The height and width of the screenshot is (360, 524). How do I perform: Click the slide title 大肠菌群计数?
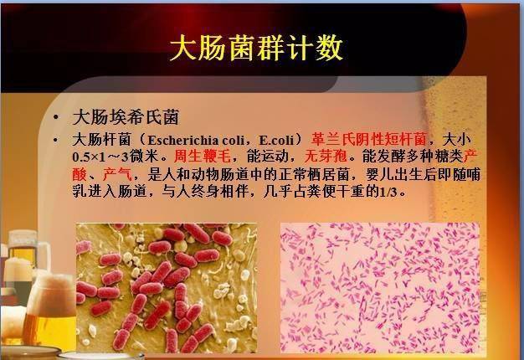pos(256,48)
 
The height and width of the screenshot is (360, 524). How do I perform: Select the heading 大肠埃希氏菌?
pos(126,116)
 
